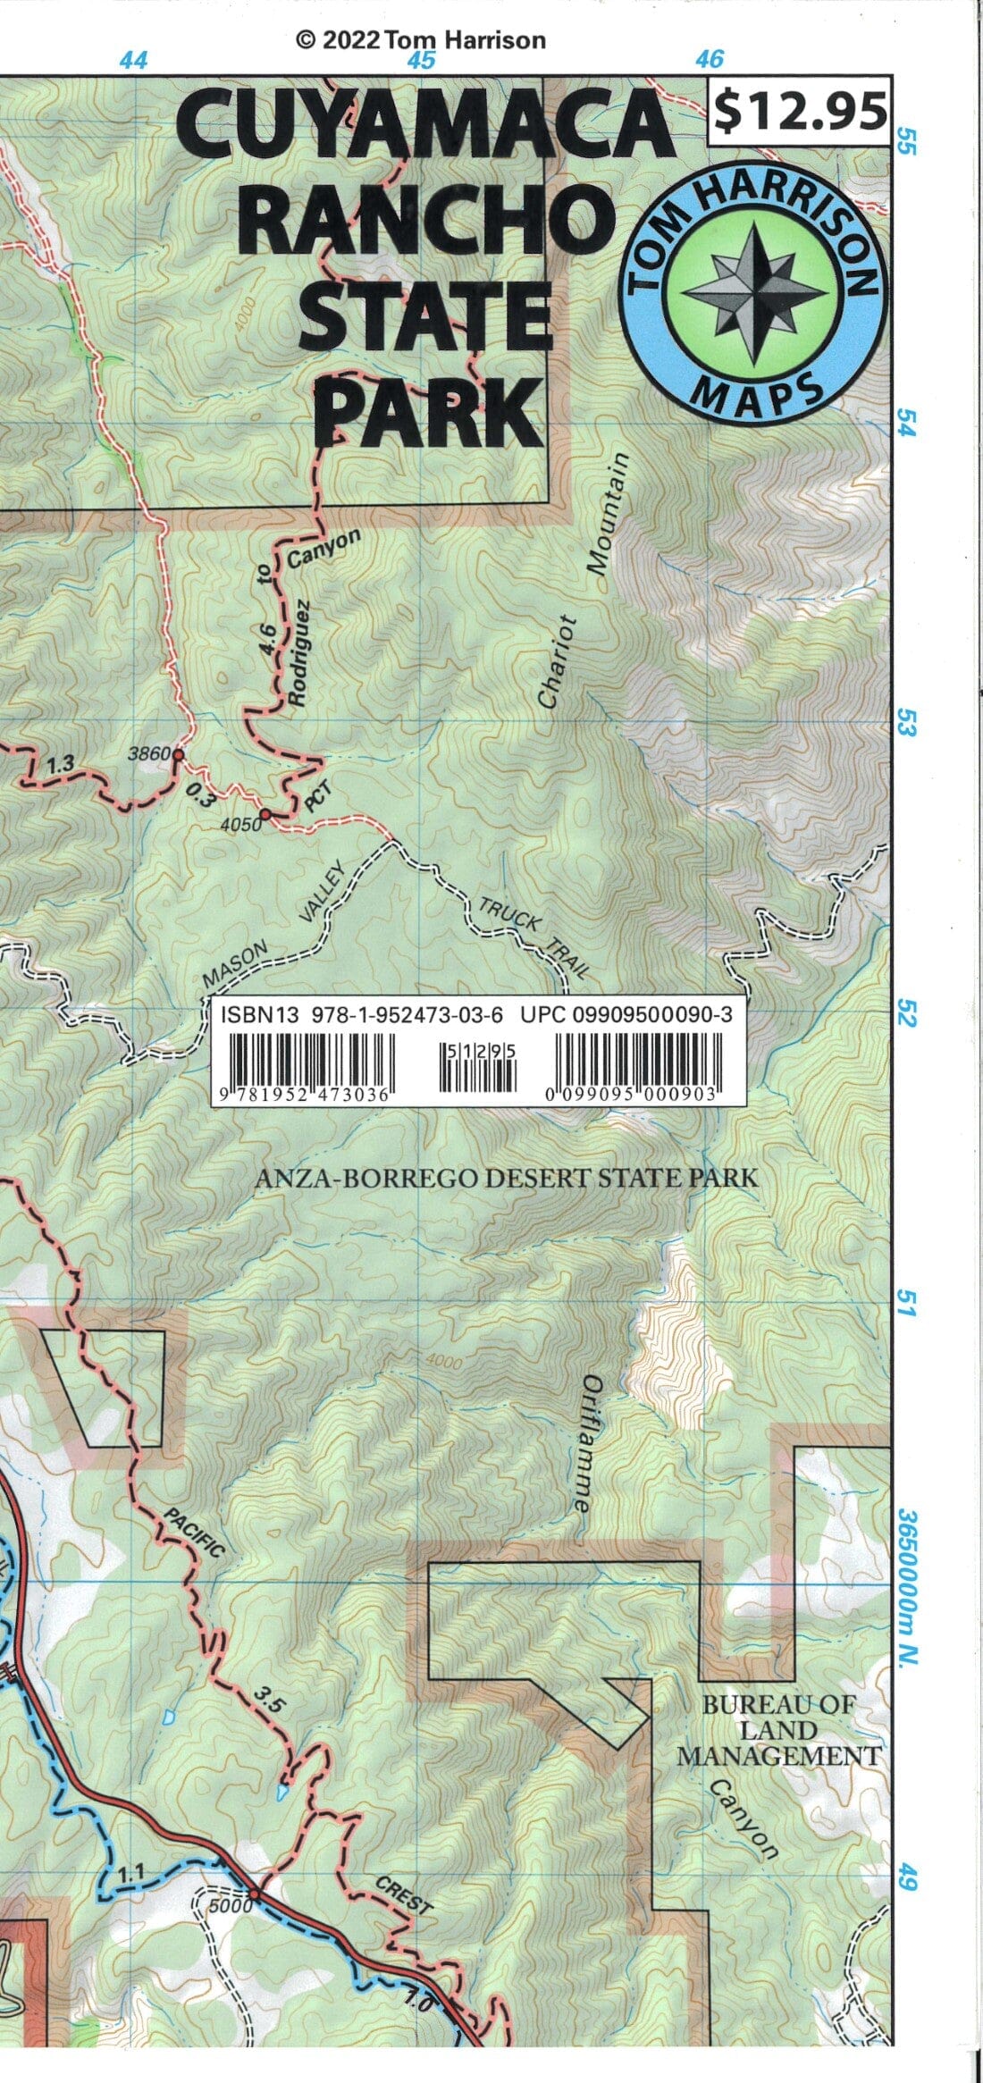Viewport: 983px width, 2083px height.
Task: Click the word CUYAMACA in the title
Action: click(x=425, y=130)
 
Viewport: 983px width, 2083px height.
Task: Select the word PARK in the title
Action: click(x=430, y=410)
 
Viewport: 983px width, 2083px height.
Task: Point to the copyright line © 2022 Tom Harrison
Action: click(x=420, y=39)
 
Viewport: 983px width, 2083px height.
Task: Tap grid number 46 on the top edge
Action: click(x=709, y=60)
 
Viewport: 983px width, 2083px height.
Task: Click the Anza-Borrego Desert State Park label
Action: click(x=506, y=1178)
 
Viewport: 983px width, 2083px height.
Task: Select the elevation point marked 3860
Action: click(x=178, y=755)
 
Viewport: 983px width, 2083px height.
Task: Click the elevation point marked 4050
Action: click(x=265, y=815)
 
